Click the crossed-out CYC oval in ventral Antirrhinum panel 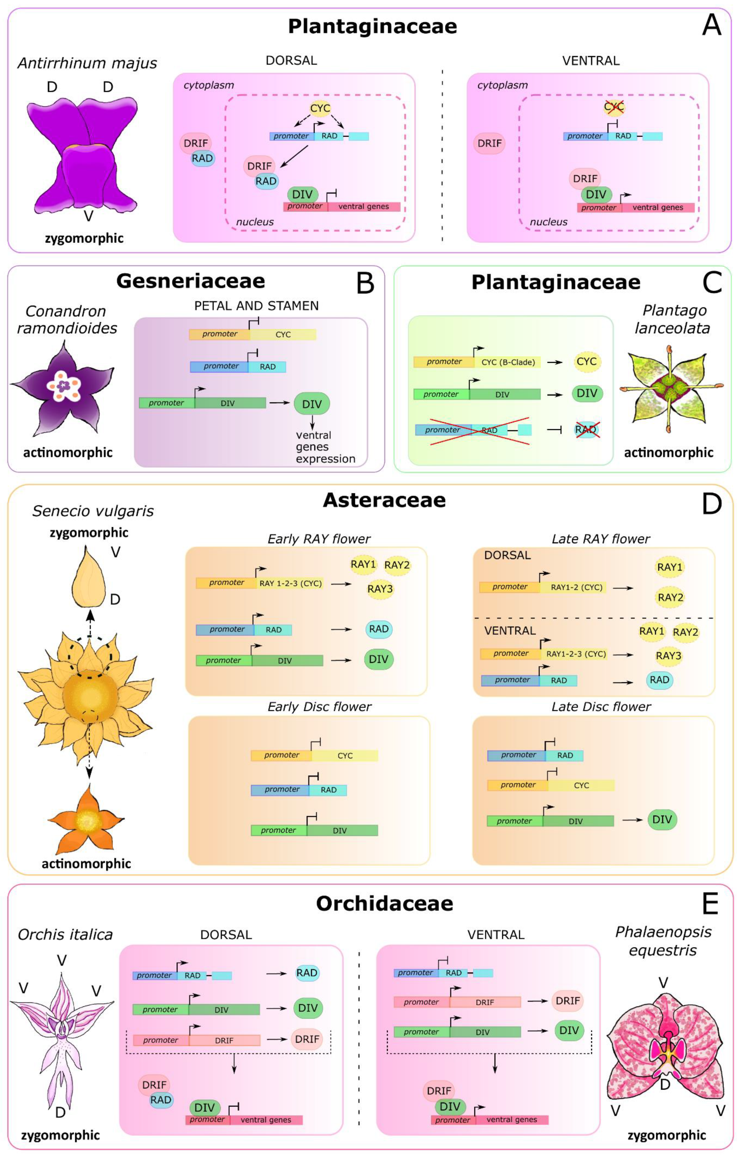pos(614,107)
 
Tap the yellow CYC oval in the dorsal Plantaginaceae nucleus pos(320,108)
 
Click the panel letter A pos(711,25)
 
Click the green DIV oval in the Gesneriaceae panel pos(312,404)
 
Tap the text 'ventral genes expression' pos(325,447)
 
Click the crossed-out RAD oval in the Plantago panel pos(586,429)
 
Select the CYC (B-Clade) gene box pos(507,362)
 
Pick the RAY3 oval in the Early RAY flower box pos(380,589)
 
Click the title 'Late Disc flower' pos(601,706)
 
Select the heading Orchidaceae pos(384,904)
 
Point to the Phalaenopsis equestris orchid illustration pos(666,1043)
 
